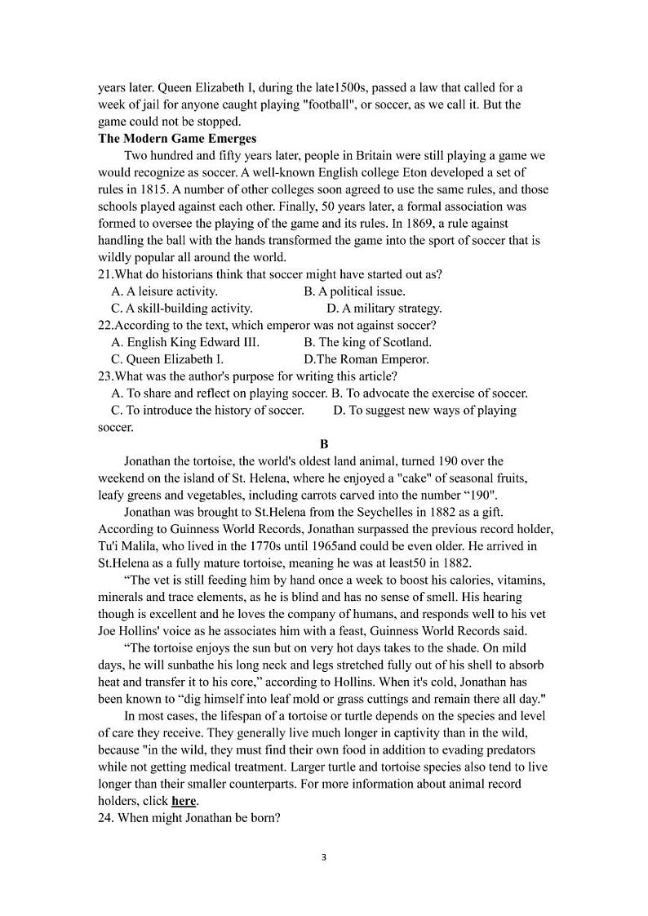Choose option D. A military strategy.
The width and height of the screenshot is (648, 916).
click(x=384, y=308)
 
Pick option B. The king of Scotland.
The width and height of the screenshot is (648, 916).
click(x=367, y=342)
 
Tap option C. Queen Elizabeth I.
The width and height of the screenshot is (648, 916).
click(x=166, y=358)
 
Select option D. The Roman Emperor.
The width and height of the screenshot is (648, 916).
click(x=366, y=358)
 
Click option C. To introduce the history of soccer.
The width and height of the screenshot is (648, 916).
click(x=207, y=410)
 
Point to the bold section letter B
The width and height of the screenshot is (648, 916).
click(x=324, y=444)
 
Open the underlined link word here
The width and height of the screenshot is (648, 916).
click(x=184, y=801)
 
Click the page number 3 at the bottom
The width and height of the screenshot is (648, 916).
click(x=324, y=857)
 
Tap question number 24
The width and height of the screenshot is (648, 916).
click(x=106, y=818)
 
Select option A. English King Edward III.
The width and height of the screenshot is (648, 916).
click(x=184, y=342)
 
